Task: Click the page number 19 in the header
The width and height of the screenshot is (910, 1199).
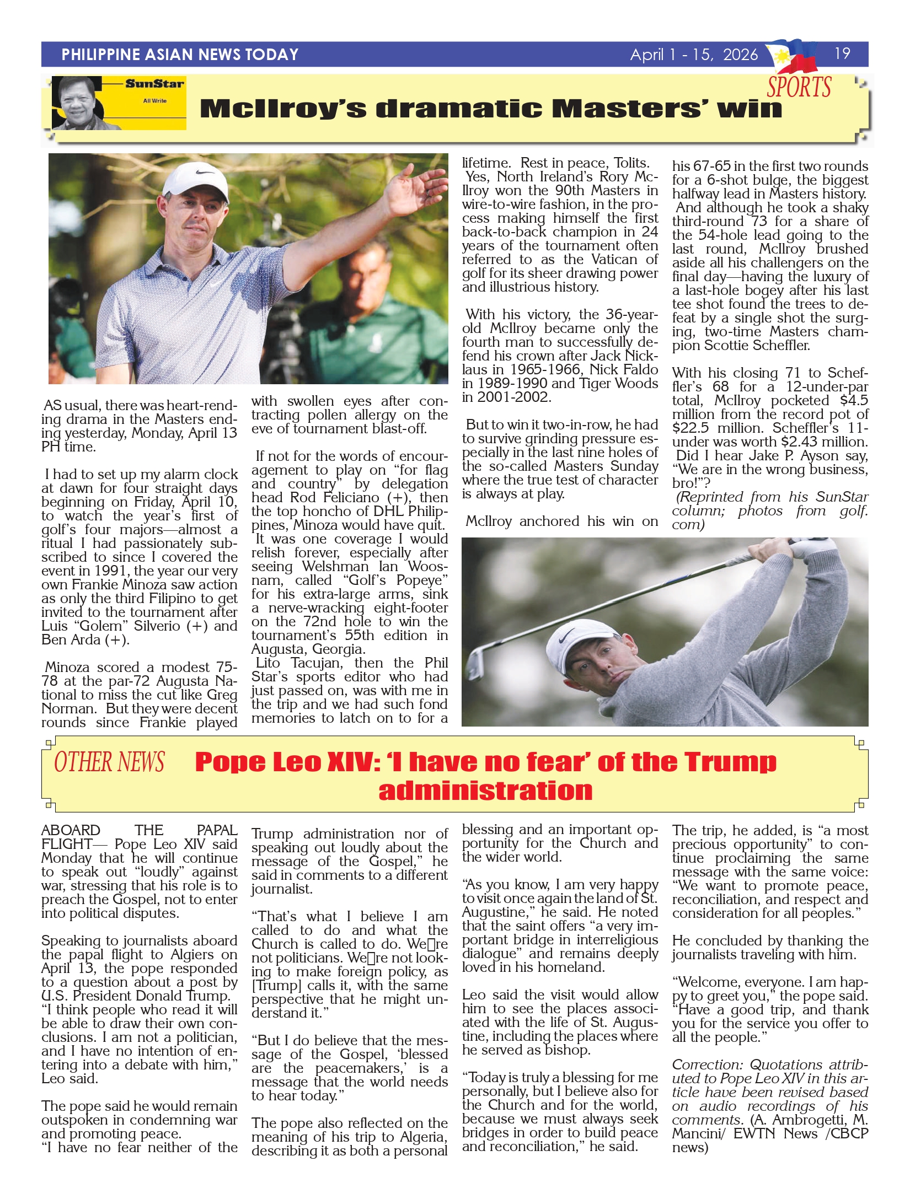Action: [x=842, y=53]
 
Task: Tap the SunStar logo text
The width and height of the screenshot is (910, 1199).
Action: [x=154, y=84]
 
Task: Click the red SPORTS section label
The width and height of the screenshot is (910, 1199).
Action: [x=799, y=87]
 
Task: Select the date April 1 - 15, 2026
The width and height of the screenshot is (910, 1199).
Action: [x=694, y=55]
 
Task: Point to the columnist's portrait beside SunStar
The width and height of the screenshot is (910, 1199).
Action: [x=83, y=103]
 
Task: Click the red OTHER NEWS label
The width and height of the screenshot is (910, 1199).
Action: [x=109, y=762]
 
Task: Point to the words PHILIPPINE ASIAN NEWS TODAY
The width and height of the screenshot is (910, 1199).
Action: [x=180, y=55]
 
